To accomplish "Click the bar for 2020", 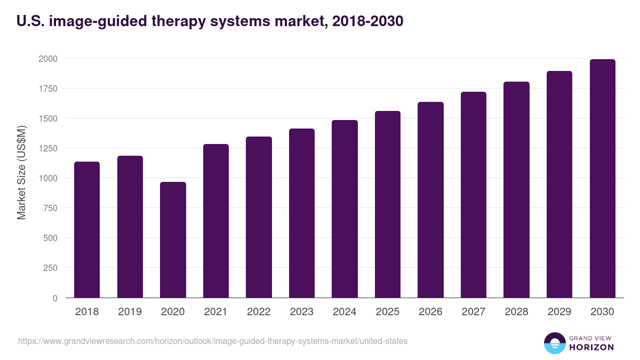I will (173, 240).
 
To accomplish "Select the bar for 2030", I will (602, 179).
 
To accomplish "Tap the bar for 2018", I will (87, 229).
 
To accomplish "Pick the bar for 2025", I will (388, 204).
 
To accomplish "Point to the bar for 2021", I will (216, 221).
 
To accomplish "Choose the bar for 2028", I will (516, 190).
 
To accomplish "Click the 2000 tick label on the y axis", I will (48, 59).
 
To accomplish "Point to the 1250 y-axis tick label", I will (48, 148).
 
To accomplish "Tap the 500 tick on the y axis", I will (50, 238).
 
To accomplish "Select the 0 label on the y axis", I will (55, 298).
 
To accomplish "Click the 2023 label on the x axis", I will (302, 312).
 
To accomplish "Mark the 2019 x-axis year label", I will (130, 312).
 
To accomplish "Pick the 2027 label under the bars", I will (474, 312).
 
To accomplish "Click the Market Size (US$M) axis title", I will (22, 172).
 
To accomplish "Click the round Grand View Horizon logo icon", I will (555, 343).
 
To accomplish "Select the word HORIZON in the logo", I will (591, 347).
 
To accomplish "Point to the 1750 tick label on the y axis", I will (48, 89).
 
